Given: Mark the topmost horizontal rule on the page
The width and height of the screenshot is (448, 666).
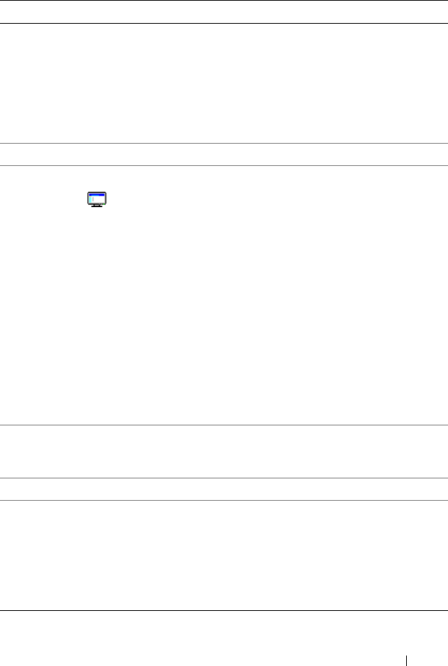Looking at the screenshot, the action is point(223,1).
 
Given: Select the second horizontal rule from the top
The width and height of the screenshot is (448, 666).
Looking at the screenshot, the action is point(223,23).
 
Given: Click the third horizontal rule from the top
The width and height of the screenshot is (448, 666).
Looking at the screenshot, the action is point(223,144).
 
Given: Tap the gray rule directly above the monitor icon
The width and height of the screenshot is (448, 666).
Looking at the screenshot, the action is point(223,165).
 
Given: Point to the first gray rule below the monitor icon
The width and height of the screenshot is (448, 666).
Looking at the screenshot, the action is point(223,425).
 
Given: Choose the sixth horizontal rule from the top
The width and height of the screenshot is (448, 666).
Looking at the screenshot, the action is point(223,478).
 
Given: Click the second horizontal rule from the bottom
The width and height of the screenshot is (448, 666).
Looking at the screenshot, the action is point(223,500).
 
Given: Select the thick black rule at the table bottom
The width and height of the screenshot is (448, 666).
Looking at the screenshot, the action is point(223,612).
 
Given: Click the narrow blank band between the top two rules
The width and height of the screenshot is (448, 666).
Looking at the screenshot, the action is point(223,12).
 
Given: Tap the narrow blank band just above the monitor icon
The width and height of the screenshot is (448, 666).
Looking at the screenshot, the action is point(223,155).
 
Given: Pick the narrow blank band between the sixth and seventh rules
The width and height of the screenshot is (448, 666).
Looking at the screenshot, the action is point(223,489).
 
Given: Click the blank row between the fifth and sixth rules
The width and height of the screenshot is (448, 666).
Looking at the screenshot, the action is point(223,451).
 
